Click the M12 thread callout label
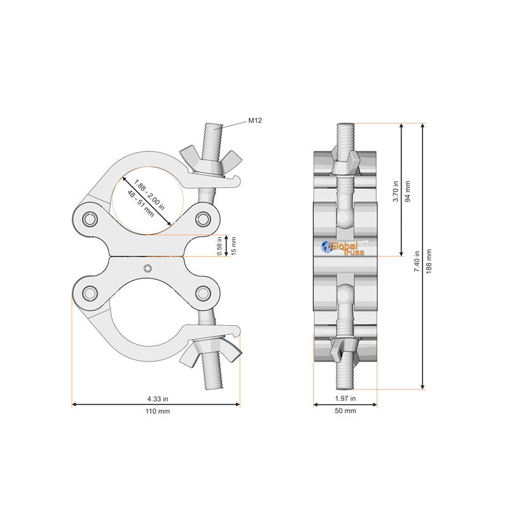coord(255,120)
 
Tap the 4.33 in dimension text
coord(157,399)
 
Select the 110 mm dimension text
coord(157,412)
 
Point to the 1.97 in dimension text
coord(345,399)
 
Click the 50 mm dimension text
coord(345,412)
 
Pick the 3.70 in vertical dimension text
coord(395,190)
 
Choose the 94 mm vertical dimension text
coord(408,190)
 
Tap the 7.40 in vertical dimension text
coord(417,261)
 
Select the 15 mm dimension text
coord(234,246)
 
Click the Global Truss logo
coord(344,248)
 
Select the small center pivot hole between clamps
coord(148,267)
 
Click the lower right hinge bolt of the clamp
coord(203,293)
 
